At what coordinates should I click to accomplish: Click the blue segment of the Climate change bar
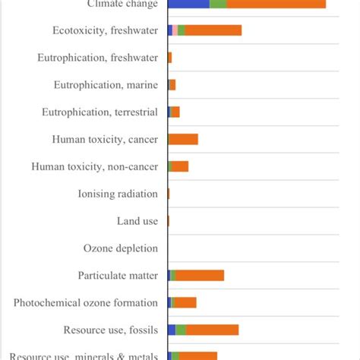pos(188,4)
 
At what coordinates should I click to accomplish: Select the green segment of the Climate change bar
pos(218,4)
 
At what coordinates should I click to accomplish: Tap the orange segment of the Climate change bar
pos(276,4)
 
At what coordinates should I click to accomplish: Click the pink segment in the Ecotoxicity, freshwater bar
pos(175,30)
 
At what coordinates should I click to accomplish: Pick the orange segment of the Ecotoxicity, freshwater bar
pos(213,30)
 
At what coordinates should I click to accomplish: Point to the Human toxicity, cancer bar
pos(183,139)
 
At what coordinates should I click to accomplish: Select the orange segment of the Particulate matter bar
pos(200,275)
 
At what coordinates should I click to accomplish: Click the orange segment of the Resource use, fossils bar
pos(212,330)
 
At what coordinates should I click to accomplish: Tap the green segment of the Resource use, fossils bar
pos(181,330)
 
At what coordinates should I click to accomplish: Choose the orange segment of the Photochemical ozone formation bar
pos(185,302)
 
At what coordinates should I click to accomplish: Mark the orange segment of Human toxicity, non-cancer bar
pos(180,166)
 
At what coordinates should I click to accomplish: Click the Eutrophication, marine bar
pos(172,85)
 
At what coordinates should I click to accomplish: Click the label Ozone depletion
pos(121,248)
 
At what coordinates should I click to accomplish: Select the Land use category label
pos(137,221)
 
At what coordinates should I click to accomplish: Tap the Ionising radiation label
pos(118,194)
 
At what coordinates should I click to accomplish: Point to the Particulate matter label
pos(118,276)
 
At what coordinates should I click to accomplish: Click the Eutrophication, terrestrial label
pos(100,112)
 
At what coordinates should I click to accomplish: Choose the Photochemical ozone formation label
pos(86,303)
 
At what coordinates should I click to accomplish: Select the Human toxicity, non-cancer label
pos(95,166)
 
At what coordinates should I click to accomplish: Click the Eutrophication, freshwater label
pos(98,58)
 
